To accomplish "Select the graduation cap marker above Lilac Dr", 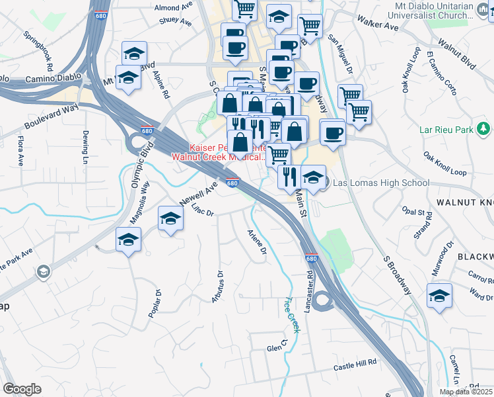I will pyautogui.click(x=170, y=220).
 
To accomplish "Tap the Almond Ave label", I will pyautogui.click(x=176, y=8).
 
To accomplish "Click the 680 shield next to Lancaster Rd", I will pyautogui.click(x=312, y=259).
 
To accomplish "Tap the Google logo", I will pyautogui.click(x=22, y=389).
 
